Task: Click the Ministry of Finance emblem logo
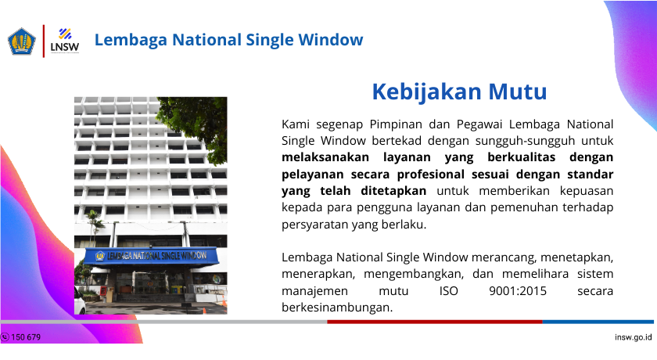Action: [21, 41]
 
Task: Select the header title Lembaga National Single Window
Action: [228, 39]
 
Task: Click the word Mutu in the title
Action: [517, 92]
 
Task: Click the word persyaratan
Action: [315, 224]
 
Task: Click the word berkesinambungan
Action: [336, 307]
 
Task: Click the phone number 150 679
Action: [26, 337]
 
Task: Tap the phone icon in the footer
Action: [5, 337]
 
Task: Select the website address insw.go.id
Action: [634, 337]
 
